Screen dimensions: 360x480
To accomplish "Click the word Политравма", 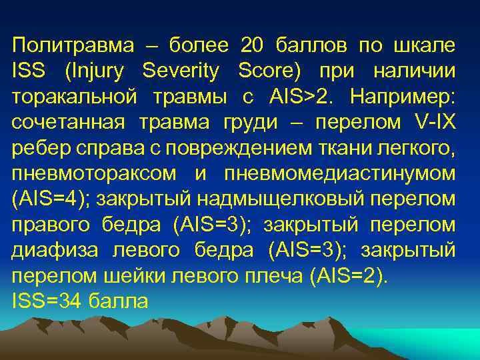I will pos(66,46).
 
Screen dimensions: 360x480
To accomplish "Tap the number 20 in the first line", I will pos(253,46).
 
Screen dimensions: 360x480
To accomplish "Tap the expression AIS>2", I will pos(303,97).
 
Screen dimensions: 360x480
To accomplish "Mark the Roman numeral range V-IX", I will pos(433,122).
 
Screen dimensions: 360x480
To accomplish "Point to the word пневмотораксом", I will pos(94,173).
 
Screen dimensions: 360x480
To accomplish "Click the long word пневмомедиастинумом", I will pos(340,173).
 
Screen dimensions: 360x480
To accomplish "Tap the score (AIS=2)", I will pos(347,275).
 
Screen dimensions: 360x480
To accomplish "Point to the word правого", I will pos(51,225).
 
